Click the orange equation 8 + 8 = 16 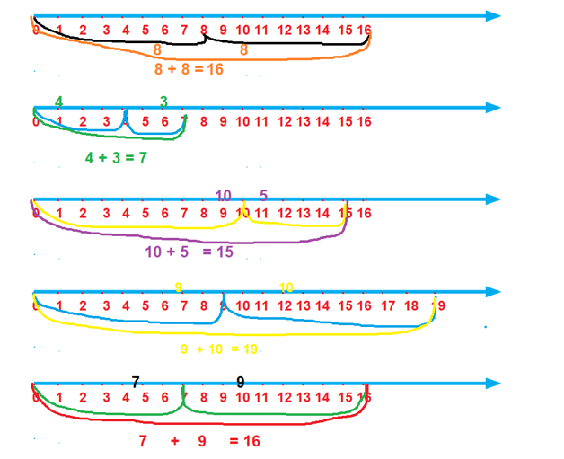pos(189,68)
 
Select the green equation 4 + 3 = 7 pos(116,157)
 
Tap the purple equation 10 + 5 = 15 pos(189,252)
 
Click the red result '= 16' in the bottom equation pos(244,441)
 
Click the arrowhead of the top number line pos(493,16)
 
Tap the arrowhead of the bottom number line pos(493,384)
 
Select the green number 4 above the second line pos(58,102)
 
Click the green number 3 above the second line pos(163,102)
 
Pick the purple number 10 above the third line pos(225,195)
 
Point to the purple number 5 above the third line pos(263,195)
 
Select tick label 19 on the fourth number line pos(437,305)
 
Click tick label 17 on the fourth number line pos(388,305)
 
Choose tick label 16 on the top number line pos(364,30)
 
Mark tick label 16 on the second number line pos(364,121)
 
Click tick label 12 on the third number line pos(284,213)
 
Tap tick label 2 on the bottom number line pos(83,397)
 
